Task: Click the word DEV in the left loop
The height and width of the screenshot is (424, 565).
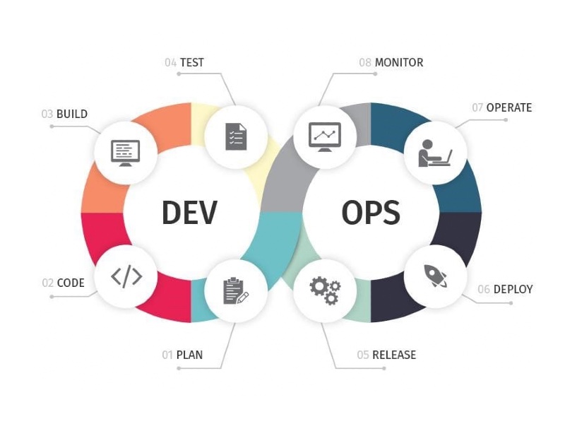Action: pos(189,213)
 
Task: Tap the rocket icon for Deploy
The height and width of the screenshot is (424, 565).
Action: pos(435,276)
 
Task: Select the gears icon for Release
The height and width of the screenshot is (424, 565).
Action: pos(325,290)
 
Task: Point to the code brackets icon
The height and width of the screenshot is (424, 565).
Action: pos(126,277)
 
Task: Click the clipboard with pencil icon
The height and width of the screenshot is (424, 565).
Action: pos(236,290)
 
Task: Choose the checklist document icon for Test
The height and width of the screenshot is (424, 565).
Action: pos(236,136)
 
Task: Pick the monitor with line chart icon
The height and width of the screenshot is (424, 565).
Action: pos(325,137)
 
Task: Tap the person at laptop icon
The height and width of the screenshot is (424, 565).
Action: pos(435,153)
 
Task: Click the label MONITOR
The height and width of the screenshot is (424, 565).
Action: pos(399,62)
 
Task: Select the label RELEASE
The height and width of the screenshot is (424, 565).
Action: pos(394,355)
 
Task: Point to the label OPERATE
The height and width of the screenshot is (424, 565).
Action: pos(509,107)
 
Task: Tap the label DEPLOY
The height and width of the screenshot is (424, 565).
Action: pos(513,289)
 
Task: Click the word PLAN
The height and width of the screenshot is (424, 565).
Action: pos(189,355)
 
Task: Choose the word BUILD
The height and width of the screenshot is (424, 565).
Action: pos(72,114)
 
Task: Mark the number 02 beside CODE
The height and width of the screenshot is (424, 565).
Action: pos(47,283)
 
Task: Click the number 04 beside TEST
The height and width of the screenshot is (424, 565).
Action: pos(170,62)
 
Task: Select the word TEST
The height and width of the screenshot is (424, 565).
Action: pos(192,62)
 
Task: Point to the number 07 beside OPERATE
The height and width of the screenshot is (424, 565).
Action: pos(477,107)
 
